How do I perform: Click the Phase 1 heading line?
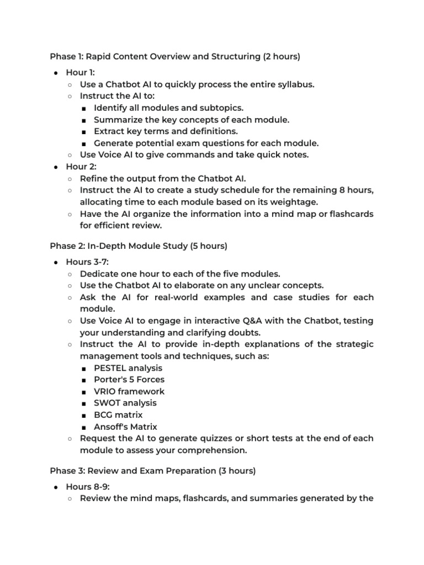(x=174, y=56)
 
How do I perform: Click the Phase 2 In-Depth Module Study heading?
(x=139, y=246)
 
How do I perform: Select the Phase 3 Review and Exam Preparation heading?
(x=153, y=471)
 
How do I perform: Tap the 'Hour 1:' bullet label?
(x=80, y=72)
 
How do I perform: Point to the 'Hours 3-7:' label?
(x=86, y=262)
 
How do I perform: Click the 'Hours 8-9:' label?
(x=86, y=487)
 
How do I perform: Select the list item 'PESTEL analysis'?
(x=128, y=368)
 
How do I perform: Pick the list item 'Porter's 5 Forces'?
(x=129, y=380)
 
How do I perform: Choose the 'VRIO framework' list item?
(x=129, y=391)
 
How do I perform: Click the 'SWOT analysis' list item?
(x=125, y=403)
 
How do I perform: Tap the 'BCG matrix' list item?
(x=118, y=415)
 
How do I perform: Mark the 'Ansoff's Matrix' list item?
(x=125, y=427)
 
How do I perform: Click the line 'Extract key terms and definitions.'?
(x=166, y=131)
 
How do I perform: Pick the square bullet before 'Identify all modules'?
(x=83, y=108)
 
